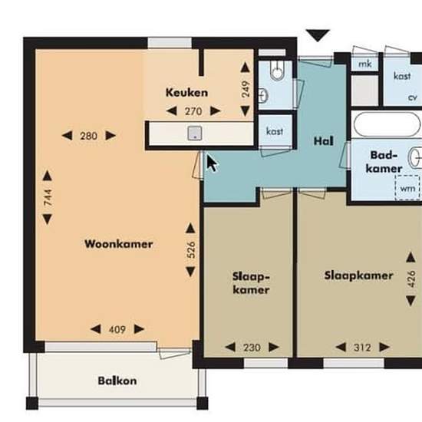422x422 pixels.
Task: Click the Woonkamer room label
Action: pyautogui.click(x=119, y=244)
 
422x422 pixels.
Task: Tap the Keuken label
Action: pyautogui.click(x=186, y=93)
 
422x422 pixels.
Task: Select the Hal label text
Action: pyautogui.click(x=324, y=141)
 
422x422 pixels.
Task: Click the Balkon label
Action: pyautogui.click(x=117, y=381)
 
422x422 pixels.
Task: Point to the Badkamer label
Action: pyautogui.click(x=384, y=162)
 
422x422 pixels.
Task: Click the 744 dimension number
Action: pyautogui.click(x=48, y=197)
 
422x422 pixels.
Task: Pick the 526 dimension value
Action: pyautogui.click(x=191, y=250)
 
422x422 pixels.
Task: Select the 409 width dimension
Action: pyautogui.click(x=117, y=329)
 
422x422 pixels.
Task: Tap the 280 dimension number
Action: pyautogui.click(x=88, y=136)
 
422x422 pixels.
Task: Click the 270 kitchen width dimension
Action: pyautogui.click(x=193, y=111)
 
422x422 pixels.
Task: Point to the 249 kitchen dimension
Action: pyautogui.click(x=246, y=89)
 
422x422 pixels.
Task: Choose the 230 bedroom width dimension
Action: pyautogui.click(x=252, y=348)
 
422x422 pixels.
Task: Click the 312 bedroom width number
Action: pyautogui.click(x=362, y=348)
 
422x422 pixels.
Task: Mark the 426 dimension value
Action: pyautogui.click(x=411, y=279)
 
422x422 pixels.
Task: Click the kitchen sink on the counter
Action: pyautogui.click(x=195, y=134)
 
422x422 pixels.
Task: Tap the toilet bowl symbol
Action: pyautogui.click(x=277, y=71)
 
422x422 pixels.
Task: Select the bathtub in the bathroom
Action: pyautogui.click(x=387, y=124)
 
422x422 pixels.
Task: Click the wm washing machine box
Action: pyautogui.click(x=407, y=188)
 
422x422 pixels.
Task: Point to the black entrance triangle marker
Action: pyautogui.click(x=318, y=35)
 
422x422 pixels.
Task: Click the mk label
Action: pyautogui.click(x=365, y=64)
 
